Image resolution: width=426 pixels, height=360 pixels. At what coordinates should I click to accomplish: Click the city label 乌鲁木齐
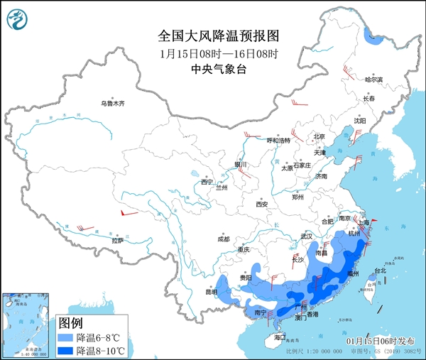point(111,104)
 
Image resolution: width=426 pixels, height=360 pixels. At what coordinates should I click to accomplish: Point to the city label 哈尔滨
point(373,80)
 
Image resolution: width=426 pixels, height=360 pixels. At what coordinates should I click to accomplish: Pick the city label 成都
point(224,239)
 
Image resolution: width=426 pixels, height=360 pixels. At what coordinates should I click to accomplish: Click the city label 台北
point(381,271)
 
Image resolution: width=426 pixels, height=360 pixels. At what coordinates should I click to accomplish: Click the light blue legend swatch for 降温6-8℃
point(66,337)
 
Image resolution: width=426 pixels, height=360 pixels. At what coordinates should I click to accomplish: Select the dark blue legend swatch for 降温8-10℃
point(66,351)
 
